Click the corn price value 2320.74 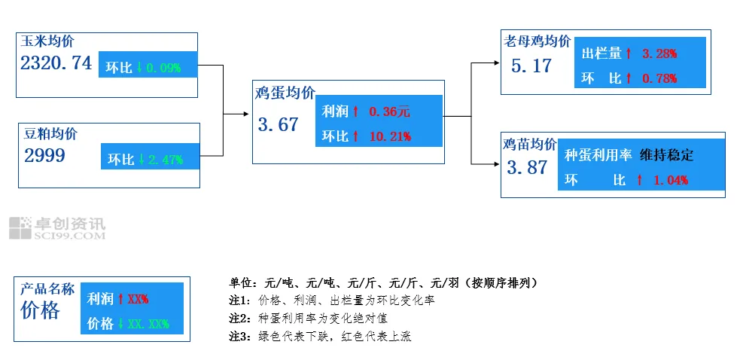(x=56, y=63)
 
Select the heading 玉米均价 (x=48, y=41)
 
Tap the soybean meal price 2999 (x=45, y=156)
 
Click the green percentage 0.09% (x=163, y=68)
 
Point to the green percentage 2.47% (x=166, y=160)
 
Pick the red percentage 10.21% (x=390, y=136)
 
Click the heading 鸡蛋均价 (x=285, y=93)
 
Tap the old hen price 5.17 (x=531, y=66)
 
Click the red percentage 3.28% (x=659, y=54)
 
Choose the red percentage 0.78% (x=659, y=78)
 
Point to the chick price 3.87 (x=528, y=168)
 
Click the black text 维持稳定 (x=666, y=156)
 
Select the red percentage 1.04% (x=669, y=181)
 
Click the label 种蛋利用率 (x=597, y=156)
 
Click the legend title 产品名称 (x=47, y=289)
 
